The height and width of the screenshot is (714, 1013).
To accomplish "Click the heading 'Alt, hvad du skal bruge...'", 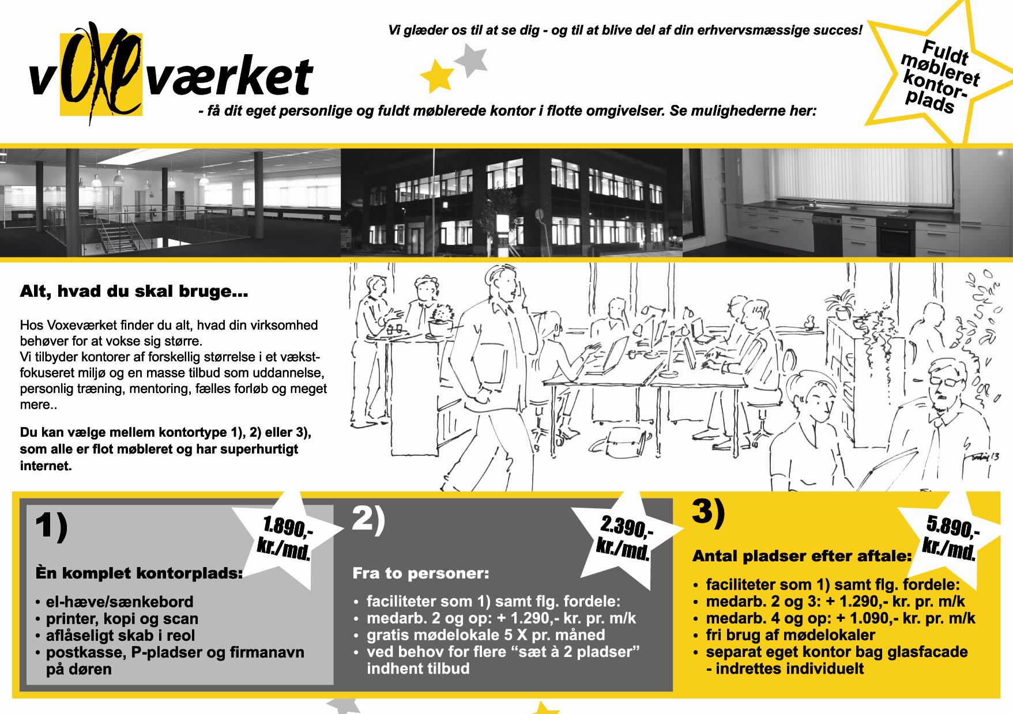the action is tap(134, 292).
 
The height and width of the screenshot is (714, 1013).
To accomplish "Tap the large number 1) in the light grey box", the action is tap(51, 526).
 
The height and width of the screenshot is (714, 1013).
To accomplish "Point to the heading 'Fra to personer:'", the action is tap(421, 574).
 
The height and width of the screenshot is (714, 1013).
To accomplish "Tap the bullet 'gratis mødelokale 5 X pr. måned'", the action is tap(480, 635).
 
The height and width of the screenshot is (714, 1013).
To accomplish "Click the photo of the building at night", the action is tap(511, 202).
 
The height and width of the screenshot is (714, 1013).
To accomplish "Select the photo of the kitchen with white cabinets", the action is tap(848, 202).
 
